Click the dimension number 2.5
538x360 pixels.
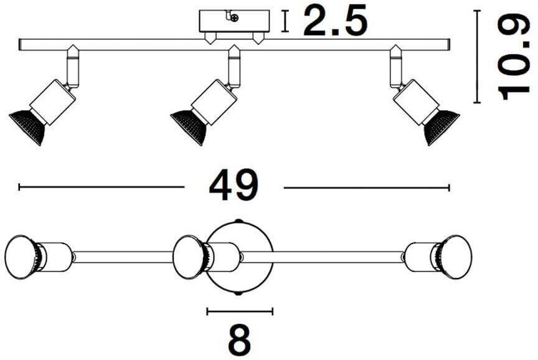click(x=334, y=23)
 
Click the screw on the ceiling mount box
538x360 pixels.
click(x=234, y=18)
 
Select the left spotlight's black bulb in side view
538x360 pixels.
click(x=27, y=125)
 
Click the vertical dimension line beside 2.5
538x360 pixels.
click(x=285, y=22)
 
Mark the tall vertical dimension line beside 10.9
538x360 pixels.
click(x=478, y=56)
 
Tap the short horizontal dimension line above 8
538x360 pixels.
click(x=240, y=311)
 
